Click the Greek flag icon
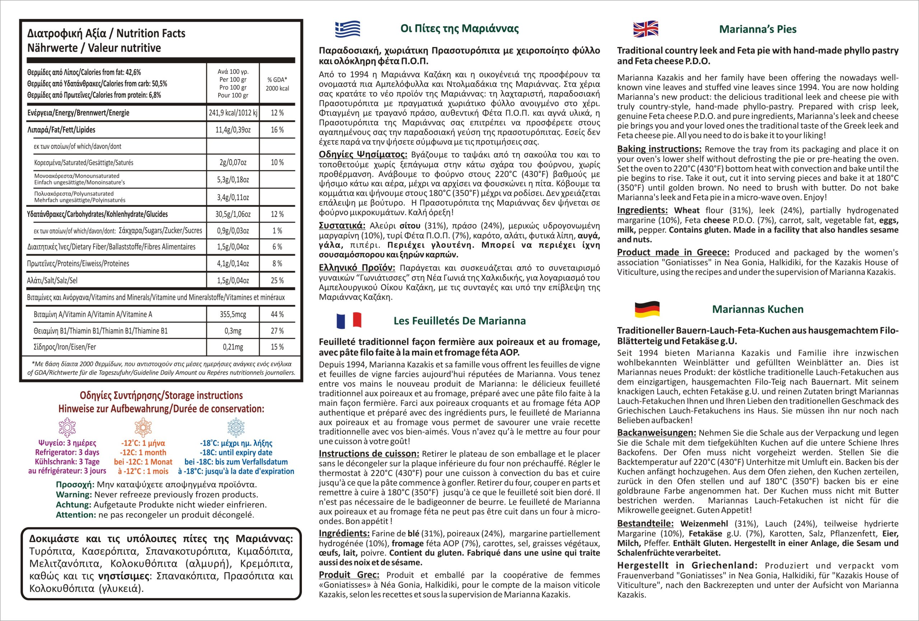coord(347,29)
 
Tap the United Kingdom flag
coord(646,29)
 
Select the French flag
coord(349,320)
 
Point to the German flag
coord(647,309)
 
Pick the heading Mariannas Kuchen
coord(758,309)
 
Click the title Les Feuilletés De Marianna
coord(459,321)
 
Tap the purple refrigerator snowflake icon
coord(67,427)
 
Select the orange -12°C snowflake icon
coord(143,427)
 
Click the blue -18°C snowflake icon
coord(236,427)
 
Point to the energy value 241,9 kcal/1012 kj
coord(233,113)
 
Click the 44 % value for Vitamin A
coord(277,315)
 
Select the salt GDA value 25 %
coord(277,281)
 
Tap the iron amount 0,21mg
coord(233,347)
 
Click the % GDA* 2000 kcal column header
coord(277,84)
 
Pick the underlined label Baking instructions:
coord(659,149)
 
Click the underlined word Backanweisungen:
coord(657,433)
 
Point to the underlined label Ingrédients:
coord(344,533)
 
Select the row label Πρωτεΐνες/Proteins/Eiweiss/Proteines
coord(78,263)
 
